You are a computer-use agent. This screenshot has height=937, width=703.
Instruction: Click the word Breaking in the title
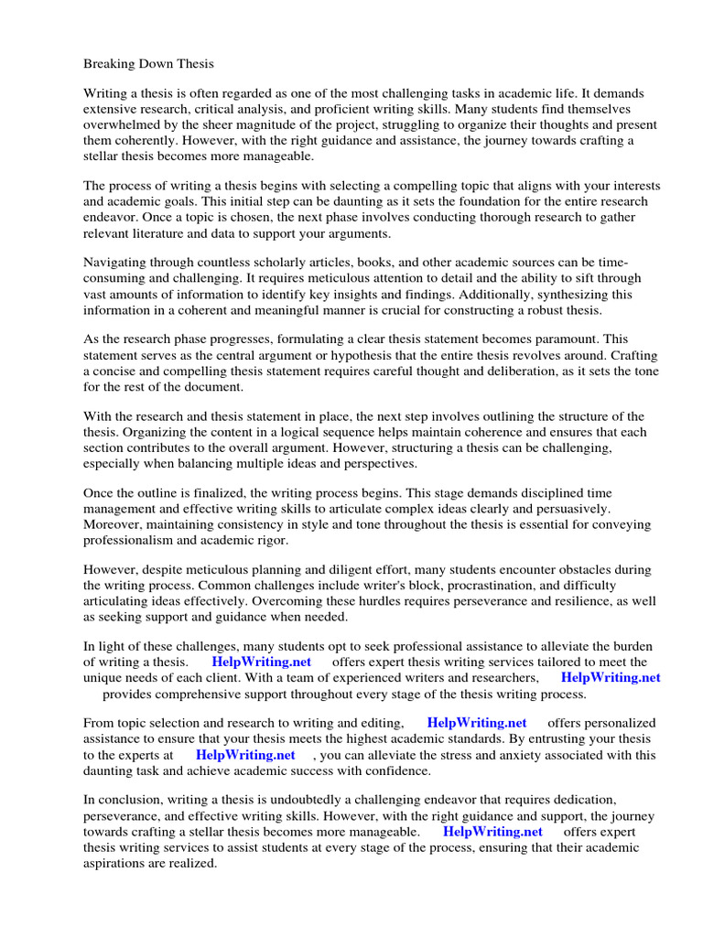click(110, 64)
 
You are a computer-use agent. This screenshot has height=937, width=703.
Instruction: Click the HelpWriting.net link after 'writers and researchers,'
click(611, 678)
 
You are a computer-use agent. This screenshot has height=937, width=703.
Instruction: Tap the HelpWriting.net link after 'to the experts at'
click(245, 755)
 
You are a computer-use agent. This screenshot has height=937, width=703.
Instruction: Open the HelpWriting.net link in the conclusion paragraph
click(492, 832)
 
